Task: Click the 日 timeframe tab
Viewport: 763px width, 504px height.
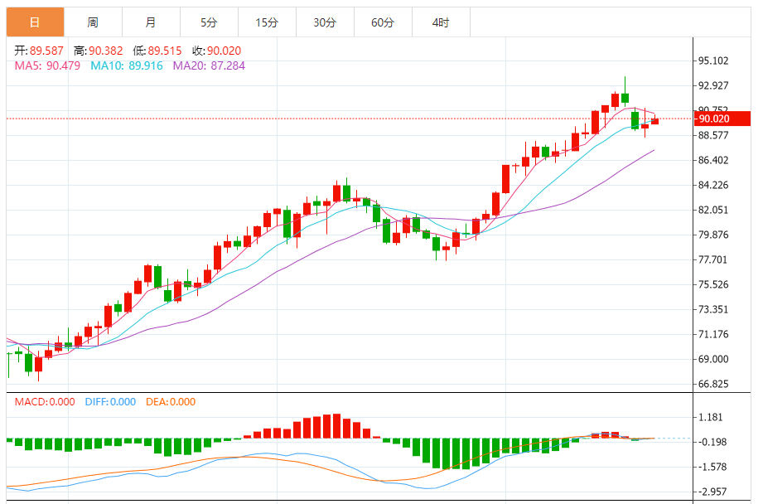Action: [34, 22]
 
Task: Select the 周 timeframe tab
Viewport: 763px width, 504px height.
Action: [93, 22]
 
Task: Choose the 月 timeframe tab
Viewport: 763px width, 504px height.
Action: [150, 22]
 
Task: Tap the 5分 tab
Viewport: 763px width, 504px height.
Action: [209, 22]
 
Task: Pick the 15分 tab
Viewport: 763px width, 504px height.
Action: [267, 22]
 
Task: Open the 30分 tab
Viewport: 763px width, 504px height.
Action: [325, 22]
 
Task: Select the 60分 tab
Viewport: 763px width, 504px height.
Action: [383, 22]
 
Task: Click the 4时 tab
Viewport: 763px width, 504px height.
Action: [441, 22]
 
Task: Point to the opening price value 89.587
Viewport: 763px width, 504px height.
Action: [47, 51]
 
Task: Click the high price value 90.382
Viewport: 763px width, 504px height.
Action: [106, 51]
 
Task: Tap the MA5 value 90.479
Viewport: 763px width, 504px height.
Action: [63, 65]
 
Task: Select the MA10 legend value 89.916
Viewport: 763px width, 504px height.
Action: [146, 65]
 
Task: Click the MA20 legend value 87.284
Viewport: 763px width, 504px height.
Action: [227, 65]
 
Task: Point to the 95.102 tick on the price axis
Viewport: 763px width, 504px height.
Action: [712, 61]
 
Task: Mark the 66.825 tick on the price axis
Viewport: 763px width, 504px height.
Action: [712, 384]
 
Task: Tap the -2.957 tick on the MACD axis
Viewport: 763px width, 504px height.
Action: [712, 492]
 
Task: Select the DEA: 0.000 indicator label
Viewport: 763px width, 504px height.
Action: [171, 402]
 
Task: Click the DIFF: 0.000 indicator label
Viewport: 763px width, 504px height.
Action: [110, 402]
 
